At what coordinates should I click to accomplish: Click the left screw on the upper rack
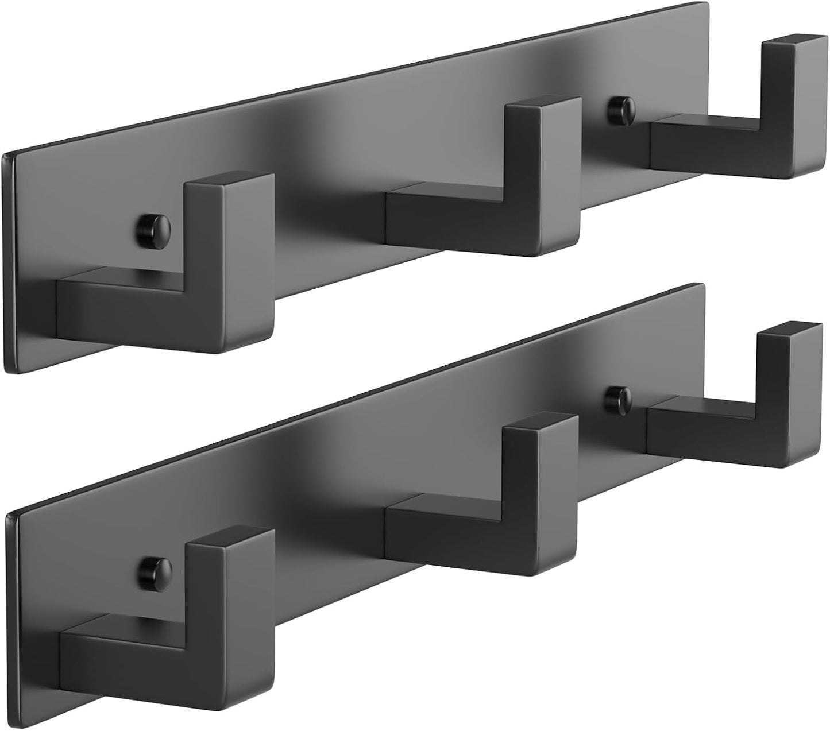pyautogui.click(x=155, y=228)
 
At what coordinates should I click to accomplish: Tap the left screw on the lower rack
pyautogui.click(x=155, y=570)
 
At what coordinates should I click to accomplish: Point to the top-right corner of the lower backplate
pyautogui.click(x=702, y=285)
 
